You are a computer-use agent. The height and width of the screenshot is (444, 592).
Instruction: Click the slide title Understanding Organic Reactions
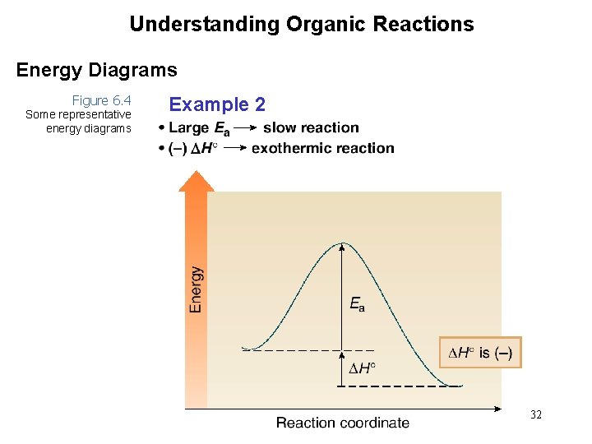point(301,24)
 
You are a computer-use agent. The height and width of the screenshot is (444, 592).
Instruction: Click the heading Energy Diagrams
point(96,71)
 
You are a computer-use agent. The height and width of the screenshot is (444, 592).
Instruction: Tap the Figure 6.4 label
point(101,100)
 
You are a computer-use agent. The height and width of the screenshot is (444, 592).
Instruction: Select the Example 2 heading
point(217,104)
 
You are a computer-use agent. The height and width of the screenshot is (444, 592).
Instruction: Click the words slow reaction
point(311,127)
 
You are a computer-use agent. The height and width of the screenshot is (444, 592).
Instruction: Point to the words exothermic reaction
point(323,148)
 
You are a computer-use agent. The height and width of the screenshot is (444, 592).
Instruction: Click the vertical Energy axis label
point(196,289)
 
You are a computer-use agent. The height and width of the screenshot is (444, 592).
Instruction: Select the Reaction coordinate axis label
point(342,423)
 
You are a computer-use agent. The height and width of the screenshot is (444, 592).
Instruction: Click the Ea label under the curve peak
point(357,305)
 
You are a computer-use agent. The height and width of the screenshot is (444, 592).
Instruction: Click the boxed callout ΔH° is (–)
point(479,353)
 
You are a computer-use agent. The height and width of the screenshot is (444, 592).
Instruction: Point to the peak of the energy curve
point(343,243)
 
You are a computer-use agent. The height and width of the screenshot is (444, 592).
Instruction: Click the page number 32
point(535,415)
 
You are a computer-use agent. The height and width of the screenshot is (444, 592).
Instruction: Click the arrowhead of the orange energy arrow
point(196,181)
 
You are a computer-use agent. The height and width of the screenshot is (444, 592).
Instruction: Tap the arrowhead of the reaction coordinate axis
point(497,408)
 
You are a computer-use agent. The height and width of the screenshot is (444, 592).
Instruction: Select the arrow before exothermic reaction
point(235,148)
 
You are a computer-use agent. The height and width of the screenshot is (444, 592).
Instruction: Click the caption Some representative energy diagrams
point(78,121)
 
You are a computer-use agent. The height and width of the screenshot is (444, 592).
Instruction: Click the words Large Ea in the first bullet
point(199,127)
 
